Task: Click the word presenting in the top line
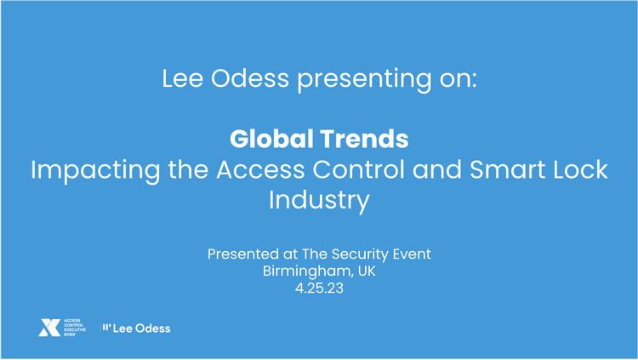364,79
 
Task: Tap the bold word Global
271,139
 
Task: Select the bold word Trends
364,139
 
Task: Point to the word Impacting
95,171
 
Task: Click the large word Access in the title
261,169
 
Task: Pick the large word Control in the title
358,169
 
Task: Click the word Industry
319,201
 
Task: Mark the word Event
412,254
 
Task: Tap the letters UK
367,271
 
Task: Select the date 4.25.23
319,289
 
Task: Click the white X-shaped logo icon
49,328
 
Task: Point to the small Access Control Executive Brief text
75,328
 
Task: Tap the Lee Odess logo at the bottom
136,329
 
